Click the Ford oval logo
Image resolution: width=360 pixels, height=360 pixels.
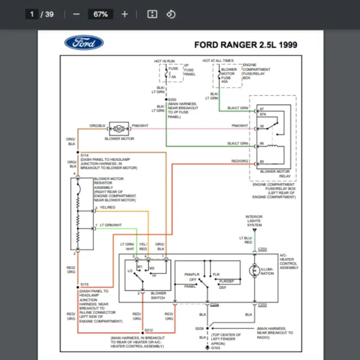(x=83, y=43)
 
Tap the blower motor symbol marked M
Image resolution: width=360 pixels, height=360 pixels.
(x=119, y=128)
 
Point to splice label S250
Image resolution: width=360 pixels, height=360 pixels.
(x=173, y=100)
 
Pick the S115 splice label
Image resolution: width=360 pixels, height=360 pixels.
(x=85, y=284)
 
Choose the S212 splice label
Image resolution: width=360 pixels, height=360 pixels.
(x=148, y=330)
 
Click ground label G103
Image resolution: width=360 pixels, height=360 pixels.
(x=216, y=347)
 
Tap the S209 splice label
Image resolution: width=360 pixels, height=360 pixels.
(x=199, y=328)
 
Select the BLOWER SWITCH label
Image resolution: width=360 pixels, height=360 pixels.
(x=158, y=295)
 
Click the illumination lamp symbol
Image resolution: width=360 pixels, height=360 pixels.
(x=254, y=270)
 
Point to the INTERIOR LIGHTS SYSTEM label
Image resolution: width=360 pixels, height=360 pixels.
(x=254, y=221)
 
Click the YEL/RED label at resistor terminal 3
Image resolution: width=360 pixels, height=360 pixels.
(x=107, y=208)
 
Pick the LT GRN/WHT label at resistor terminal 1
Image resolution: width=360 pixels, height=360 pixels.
(x=110, y=225)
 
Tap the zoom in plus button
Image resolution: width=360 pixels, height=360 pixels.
(x=125, y=14)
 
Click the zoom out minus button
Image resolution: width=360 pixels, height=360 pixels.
(x=76, y=14)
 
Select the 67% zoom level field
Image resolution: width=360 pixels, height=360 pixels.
(x=100, y=14)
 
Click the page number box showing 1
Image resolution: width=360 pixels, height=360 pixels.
(x=31, y=14)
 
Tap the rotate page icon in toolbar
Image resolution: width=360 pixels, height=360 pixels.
(x=171, y=14)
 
